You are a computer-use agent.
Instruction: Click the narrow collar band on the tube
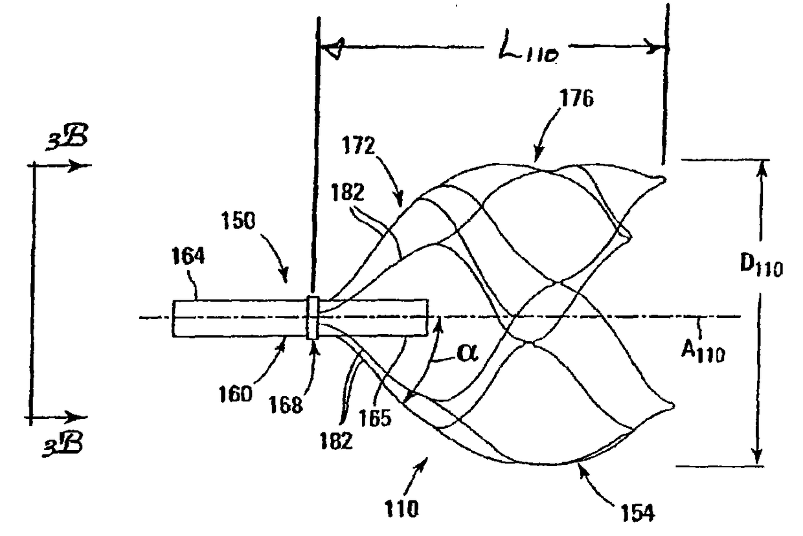[313, 317]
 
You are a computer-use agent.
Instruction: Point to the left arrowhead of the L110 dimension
[332, 48]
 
